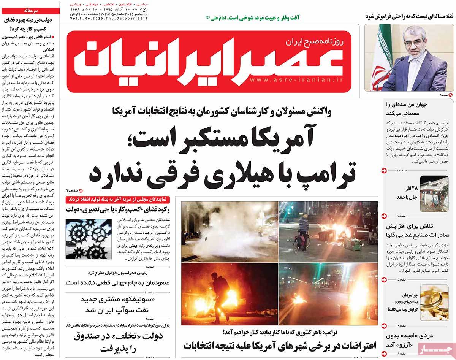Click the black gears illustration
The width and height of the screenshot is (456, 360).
[85, 238]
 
